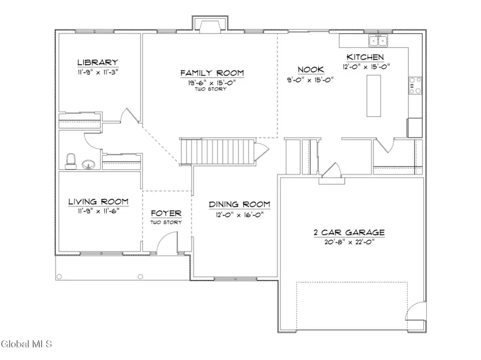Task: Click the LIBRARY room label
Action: coord(97,62)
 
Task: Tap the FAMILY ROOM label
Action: coord(212,73)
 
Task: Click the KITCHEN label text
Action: coord(366,57)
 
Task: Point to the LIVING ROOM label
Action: coord(98,201)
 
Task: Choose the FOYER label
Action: coord(166,213)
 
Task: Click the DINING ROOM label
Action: coord(239,204)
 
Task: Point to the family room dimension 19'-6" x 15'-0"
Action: coord(212,82)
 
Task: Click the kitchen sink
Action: coord(377,41)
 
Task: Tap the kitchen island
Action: coord(374,96)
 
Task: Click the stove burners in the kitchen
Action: coord(415,86)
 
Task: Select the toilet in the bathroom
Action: coord(70,160)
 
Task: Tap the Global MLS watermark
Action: coord(27,344)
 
